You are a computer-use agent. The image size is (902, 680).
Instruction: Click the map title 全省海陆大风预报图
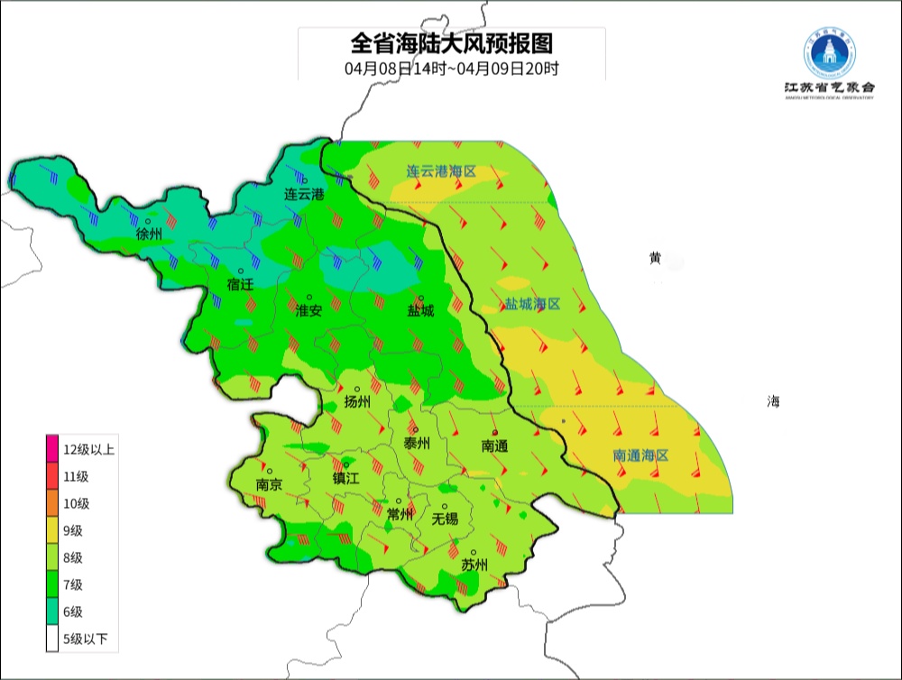(x=451, y=42)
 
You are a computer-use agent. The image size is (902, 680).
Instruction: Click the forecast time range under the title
(x=451, y=69)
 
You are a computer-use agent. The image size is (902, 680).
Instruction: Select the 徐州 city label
(x=149, y=234)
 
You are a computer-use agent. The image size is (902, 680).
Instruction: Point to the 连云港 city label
(x=304, y=194)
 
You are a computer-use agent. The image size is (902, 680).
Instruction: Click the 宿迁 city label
(x=240, y=284)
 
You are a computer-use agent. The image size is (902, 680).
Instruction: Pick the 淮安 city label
(x=308, y=310)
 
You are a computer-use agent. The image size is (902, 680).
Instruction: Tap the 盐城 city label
(x=420, y=311)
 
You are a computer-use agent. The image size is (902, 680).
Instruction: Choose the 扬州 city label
(x=358, y=402)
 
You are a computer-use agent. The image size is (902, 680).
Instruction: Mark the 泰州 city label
(x=416, y=443)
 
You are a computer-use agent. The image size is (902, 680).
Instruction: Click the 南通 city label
(x=494, y=446)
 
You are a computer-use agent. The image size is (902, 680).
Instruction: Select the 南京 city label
(x=269, y=484)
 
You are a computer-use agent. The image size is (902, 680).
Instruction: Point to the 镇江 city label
(x=345, y=479)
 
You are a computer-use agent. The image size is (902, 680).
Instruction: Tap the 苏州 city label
(x=474, y=565)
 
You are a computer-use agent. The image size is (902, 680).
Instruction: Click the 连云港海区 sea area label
(x=440, y=170)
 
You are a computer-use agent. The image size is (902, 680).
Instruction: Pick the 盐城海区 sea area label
(x=532, y=304)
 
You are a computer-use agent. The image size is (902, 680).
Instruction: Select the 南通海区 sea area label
(x=640, y=455)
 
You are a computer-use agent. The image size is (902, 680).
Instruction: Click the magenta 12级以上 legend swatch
(x=52, y=449)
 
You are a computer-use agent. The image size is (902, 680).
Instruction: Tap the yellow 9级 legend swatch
(x=52, y=530)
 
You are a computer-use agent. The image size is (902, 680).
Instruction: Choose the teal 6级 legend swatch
(x=52, y=611)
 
